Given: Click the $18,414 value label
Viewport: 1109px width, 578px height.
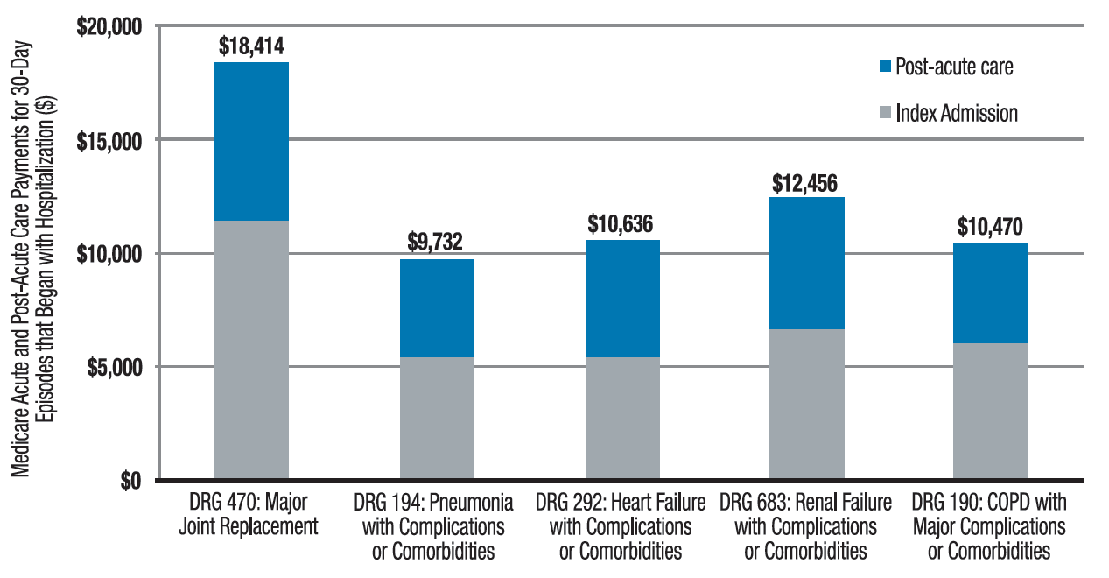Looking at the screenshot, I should pos(251,46).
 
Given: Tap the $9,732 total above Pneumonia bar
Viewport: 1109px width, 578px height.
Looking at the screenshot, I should pos(436,243).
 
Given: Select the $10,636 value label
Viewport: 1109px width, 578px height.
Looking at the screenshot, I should pos(621,223).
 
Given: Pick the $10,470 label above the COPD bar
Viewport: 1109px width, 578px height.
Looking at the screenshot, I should pos(990,226).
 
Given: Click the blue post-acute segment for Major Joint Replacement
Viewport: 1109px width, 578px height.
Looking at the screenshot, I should pos(251,141).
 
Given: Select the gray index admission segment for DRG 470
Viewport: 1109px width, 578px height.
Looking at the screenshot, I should pos(251,349).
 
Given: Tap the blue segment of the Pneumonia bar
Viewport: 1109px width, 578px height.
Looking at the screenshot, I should pos(437,307).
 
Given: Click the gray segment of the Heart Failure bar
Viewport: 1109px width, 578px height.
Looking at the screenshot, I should pos(621,418).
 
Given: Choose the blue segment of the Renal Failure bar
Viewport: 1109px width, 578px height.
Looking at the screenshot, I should pos(806,263).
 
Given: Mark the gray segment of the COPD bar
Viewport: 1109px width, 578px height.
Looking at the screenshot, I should pos(991,411).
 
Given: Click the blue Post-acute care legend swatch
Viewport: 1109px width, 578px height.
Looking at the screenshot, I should pos(885,66).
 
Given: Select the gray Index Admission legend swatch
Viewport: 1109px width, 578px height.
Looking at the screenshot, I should pos(885,112).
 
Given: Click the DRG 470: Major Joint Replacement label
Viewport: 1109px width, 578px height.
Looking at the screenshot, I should pos(251,514).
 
